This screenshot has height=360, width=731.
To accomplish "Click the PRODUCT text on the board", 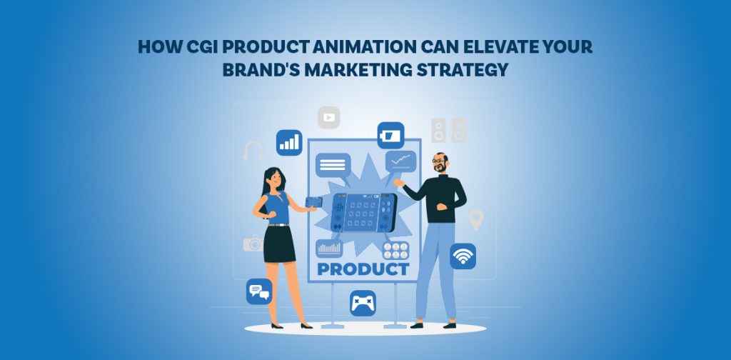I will pyautogui.click(x=363, y=269).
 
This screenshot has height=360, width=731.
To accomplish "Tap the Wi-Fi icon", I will pyautogui.click(x=463, y=256).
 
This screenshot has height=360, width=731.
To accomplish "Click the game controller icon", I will pyautogui.click(x=363, y=303).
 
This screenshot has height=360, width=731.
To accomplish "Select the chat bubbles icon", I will pyautogui.click(x=259, y=291).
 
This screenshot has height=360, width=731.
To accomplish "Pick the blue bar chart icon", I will pyautogui.click(x=289, y=141).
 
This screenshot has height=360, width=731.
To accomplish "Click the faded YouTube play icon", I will pyautogui.click(x=329, y=117).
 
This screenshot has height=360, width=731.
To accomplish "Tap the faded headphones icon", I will pyautogui.click(x=253, y=151).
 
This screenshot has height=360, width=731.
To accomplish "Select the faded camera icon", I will pyautogui.click(x=253, y=244).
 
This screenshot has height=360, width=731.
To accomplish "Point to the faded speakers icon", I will pyautogui.click(x=448, y=130).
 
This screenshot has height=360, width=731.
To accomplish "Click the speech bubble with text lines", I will pyautogui.click(x=333, y=166).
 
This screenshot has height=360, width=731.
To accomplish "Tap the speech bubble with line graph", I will pyautogui.click(x=400, y=161).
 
